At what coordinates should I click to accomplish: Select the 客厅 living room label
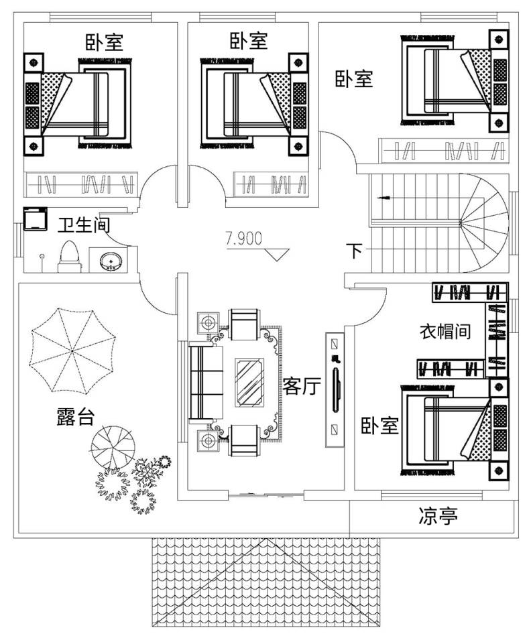coord(301,386)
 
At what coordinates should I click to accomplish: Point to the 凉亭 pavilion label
coord(438,517)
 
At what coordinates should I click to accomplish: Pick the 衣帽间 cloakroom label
coord(445,331)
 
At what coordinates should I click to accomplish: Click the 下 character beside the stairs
coord(354,252)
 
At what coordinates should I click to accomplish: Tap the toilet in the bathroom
coord(70,257)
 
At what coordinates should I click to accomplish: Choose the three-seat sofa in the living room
coord(201,383)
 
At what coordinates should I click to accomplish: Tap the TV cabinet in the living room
coord(335,390)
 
